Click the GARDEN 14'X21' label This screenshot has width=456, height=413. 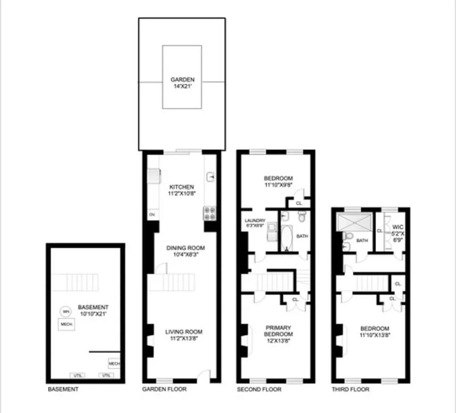click(182, 83)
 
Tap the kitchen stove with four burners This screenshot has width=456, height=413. click(209, 213)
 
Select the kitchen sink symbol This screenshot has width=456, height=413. click(210, 177)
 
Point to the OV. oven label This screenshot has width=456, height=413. click(152, 215)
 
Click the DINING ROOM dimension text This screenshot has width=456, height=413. click(186, 255)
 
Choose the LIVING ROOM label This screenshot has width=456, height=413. click(184, 332)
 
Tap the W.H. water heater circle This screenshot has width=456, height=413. click(65, 311)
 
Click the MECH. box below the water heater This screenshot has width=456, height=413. click(67, 325)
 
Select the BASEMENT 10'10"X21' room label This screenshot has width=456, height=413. click(93, 310)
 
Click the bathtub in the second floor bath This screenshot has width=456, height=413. click(286, 238)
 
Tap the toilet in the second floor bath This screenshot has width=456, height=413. click(302, 216)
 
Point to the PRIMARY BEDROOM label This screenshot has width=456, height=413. click(279, 331)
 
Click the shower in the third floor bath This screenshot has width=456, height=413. click(355, 222)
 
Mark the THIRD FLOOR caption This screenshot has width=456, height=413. click(351, 389)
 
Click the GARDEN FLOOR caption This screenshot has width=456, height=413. click(164, 389)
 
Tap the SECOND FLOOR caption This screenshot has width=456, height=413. click(259, 389)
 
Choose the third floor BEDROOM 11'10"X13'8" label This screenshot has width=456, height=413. click(375, 332)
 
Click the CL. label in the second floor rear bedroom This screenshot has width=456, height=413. click(299, 204)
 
